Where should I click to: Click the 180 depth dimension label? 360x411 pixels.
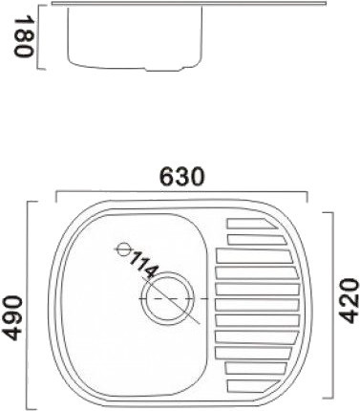[x=23, y=37]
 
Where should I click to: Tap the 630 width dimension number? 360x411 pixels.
[x=181, y=177]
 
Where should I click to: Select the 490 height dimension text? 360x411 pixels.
[x=11, y=318]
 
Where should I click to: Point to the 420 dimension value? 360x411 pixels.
[x=349, y=301]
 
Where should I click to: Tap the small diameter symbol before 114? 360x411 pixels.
[x=123, y=249]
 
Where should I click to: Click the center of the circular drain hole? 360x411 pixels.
[x=168, y=299]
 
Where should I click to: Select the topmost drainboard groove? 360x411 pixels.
[x=252, y=224]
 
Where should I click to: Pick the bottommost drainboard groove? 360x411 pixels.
[x=253, y=385]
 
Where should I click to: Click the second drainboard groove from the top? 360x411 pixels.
[x=257, y=240]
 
